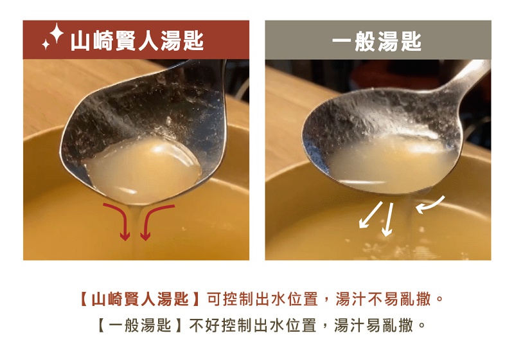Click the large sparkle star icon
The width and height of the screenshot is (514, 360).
coord(57,33)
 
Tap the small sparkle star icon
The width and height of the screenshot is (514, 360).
coord(46,44)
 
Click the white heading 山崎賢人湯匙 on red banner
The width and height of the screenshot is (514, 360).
coord(137,41)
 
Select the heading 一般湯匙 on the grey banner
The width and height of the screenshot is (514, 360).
coord(377,42)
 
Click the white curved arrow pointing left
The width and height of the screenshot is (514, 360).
coord(430,205)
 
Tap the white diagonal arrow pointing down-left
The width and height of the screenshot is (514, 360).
coord(371,215)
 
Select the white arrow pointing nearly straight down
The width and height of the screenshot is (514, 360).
coord(389,219)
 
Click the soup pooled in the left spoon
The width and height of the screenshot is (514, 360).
coord(143,170)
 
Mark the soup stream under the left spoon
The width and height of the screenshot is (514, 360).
coord(135,230)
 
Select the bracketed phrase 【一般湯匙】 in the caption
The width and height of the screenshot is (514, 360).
coord(140,325)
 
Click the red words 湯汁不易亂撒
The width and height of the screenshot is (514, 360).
coord(383,299)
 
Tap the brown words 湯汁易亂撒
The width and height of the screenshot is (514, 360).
coord(373,325)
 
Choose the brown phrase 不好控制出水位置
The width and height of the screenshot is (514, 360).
coord(253,325)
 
